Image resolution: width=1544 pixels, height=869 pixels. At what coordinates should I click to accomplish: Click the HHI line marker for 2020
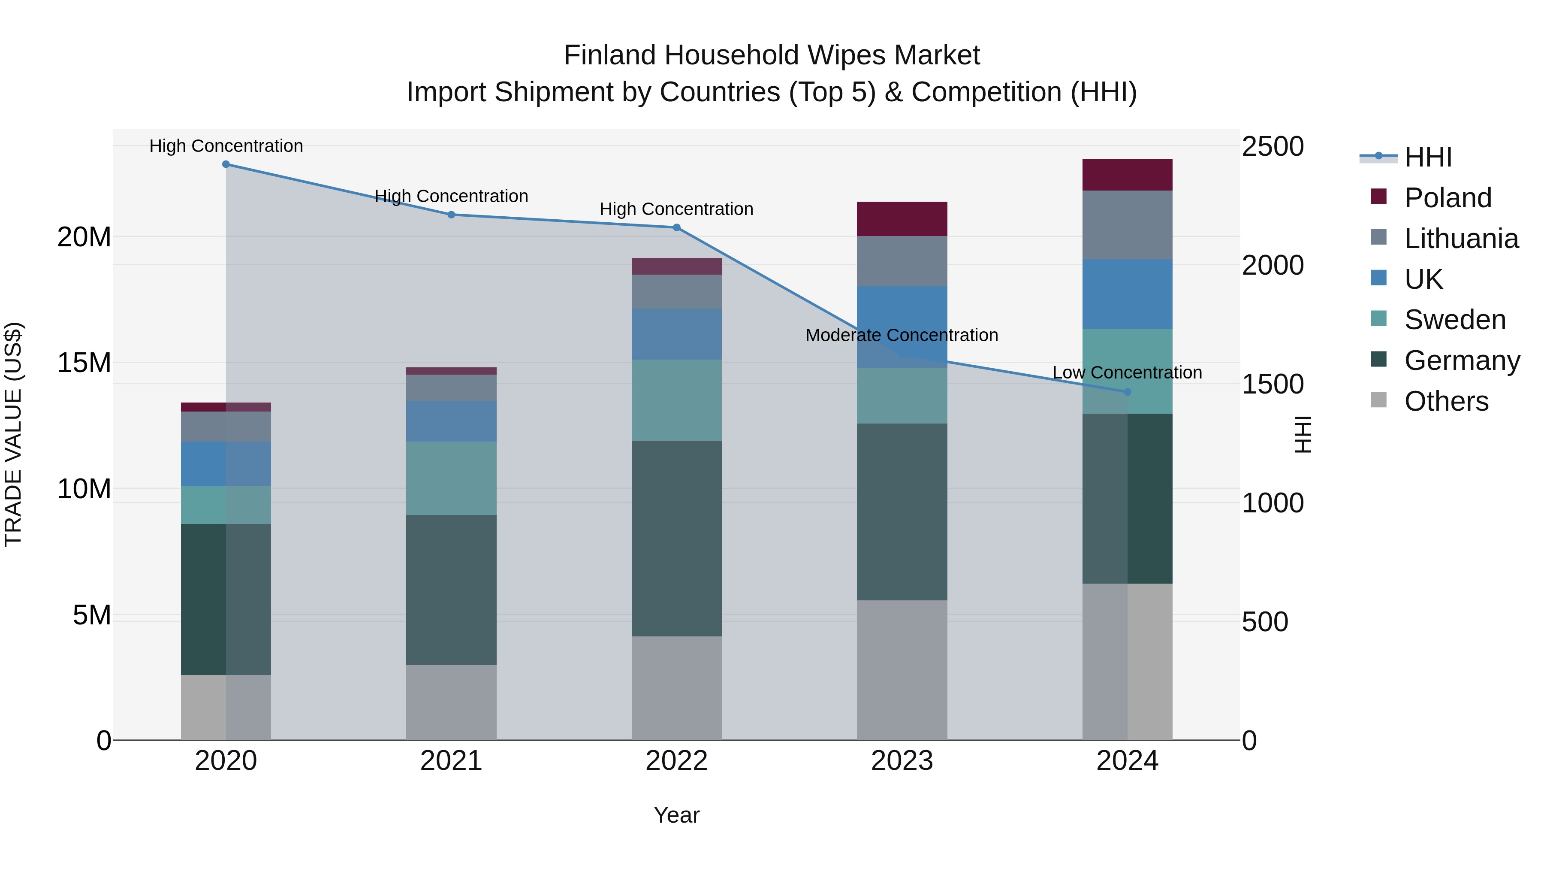(226, 164)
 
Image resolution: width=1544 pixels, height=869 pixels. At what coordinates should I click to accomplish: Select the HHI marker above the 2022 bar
(677, 227)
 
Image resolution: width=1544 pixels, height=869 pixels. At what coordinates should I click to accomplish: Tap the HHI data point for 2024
(1128, 392)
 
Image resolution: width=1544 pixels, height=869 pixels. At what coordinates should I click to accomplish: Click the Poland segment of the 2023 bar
(902, 219)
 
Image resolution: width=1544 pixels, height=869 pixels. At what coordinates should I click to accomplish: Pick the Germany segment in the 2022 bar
(677, 538)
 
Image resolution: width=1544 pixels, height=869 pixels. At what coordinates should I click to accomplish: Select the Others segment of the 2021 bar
(451, 702)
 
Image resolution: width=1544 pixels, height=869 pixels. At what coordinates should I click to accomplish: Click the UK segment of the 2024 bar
(1128, 294)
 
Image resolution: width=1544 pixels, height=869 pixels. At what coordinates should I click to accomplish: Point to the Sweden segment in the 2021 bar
(451, 478)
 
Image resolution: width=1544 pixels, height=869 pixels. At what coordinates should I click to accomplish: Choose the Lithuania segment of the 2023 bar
(902, 261)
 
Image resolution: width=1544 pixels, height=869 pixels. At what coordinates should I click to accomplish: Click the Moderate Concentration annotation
(902, 335)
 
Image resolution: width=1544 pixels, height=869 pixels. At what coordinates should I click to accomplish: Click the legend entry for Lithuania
(1461, 239)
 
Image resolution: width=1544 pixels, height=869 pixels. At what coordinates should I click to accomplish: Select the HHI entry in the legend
(1428, 157)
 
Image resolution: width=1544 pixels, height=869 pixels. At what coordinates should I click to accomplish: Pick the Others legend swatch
(1378, 400)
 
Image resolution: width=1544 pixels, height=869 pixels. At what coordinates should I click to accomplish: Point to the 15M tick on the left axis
(84, 363)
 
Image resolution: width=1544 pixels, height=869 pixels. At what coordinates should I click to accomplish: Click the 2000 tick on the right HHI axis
(1272, 265)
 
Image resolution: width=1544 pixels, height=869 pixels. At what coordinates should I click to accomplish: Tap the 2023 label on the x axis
(902, 761)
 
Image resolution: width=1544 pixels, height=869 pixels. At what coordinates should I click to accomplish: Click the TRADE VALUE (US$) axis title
(14, 434)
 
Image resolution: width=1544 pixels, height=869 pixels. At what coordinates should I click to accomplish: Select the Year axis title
(677, 815)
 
